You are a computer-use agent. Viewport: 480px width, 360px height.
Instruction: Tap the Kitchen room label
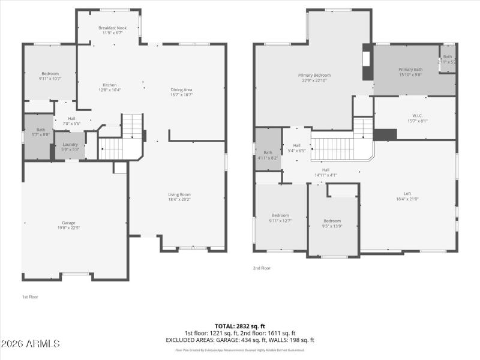(x=110, y=85)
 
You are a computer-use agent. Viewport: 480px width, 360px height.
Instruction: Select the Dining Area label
(x=181, y=89)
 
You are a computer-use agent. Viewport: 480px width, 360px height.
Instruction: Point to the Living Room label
(x=179, y=194)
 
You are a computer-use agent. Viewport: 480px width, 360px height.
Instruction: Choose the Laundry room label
(x=71, y=145)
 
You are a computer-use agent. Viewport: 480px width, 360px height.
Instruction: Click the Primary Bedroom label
(x=314, y=75)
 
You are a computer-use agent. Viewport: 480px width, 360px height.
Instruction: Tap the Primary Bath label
(x=410, y=69)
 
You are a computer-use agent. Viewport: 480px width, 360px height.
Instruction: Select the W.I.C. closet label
(x=418, y=115)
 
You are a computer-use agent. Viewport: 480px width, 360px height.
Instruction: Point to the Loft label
(x=407, y=193)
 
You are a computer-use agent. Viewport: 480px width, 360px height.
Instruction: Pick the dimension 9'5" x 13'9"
(x=332, y=226)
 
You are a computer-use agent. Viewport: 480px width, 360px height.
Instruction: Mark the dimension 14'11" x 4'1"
(x=326, y=175)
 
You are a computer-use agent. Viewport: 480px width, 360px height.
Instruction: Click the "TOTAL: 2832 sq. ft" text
(x=239, y=326)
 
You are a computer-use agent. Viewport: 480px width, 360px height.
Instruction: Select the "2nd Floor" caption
(x=262, y=268)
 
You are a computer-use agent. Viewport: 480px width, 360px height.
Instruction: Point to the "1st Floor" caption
(x=30, y=296)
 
